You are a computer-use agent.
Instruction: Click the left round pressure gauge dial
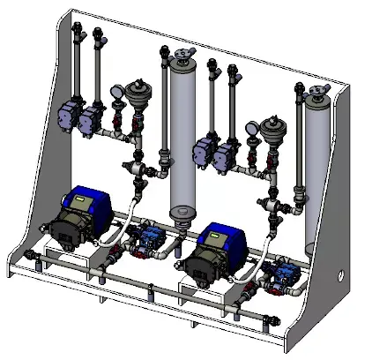(x=117, y=91)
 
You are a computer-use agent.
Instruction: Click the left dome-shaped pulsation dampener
(x=138, y=91)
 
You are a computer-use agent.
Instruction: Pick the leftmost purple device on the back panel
(x=67, y=113)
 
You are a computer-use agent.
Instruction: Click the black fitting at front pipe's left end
(x=33, y=257)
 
